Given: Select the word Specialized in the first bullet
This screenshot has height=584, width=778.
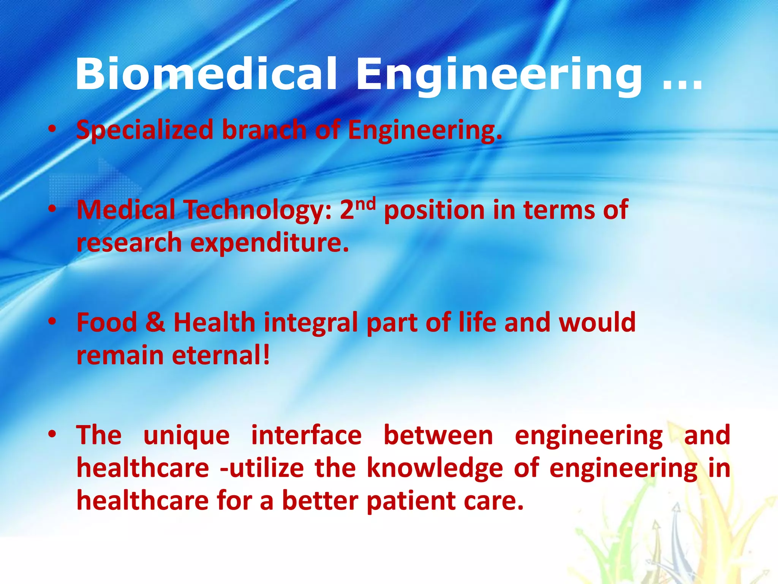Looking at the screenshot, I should click(x=145, y=130).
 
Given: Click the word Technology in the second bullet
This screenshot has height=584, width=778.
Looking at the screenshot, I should click(x=257, y=210).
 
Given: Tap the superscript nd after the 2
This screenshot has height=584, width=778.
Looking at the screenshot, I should click(x=366, y=205).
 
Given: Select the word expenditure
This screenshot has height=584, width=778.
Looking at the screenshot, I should click(x=269, y=243).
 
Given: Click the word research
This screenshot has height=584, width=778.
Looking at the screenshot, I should click(x=129, y=244).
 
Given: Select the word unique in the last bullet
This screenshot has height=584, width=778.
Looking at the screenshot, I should click(x=187, y=436).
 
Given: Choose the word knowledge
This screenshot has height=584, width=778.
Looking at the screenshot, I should click(x=435, y=469).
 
